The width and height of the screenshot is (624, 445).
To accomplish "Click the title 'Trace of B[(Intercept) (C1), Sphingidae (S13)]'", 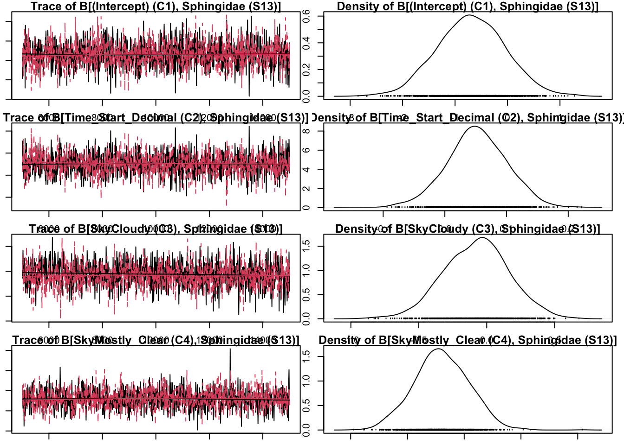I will click(156, 6).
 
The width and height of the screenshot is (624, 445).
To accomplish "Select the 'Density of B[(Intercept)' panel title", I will click(468, 6).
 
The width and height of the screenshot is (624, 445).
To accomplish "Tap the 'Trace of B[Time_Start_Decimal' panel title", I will click(156, 118).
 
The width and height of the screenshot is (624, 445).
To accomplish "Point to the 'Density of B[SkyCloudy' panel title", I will click(468, 229).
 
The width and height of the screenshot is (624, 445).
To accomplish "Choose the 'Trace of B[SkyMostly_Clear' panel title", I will click(156, 340).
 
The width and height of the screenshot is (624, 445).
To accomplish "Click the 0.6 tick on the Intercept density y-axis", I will click(306, 16).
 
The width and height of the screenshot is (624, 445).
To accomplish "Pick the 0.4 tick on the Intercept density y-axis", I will click(306, 43).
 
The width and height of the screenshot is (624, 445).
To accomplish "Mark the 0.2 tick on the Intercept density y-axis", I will click(306, 70).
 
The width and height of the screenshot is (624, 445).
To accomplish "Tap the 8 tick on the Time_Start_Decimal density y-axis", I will click(306, 131).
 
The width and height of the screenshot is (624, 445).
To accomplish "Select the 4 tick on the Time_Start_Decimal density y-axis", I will click(306, 170).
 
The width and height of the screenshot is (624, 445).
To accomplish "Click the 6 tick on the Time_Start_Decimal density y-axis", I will click(306, 150).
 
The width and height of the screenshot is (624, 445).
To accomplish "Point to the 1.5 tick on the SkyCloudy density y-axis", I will click(306, 246).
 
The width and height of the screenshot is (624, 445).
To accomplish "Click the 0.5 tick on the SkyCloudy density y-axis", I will click(306, 294).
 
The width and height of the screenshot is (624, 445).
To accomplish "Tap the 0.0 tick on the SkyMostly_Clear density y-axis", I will click(306, 430).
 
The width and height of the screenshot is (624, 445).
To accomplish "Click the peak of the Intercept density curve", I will click(468, 15).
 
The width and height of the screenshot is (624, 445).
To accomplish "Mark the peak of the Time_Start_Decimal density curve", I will click(474, 127).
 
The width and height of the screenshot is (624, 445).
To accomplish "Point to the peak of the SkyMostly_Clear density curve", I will click(438, 349).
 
